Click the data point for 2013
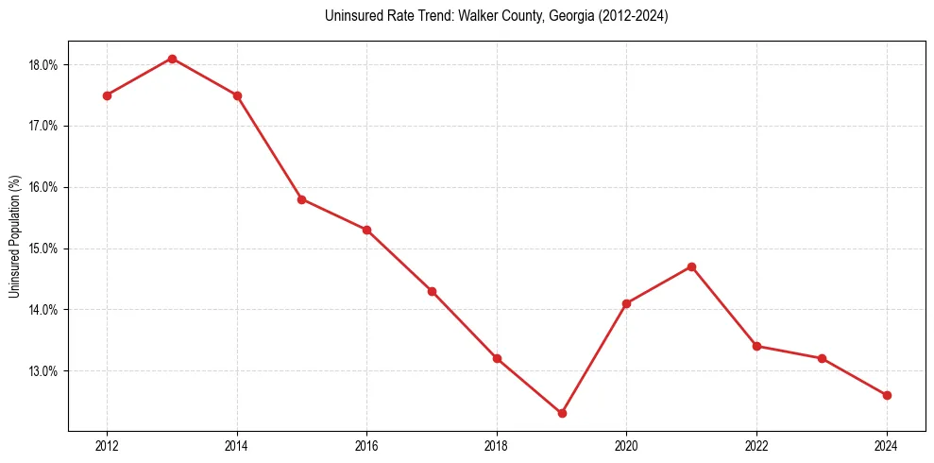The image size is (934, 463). [172, 59]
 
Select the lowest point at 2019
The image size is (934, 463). [562, 413]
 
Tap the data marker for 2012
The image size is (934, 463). [107, 95]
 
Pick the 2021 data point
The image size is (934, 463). [692, 266]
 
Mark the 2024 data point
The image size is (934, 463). [887, 395]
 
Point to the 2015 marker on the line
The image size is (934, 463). [301, 199]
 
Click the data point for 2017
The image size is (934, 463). [432, 291]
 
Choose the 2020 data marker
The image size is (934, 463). [627, 303]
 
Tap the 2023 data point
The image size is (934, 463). [822, 358]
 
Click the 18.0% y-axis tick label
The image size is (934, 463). [44, 65]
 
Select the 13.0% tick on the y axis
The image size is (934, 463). [44, 371]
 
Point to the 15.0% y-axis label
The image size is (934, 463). [44, 249]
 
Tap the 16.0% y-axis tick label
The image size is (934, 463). [44, 187]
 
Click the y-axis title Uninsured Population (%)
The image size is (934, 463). [15, 236]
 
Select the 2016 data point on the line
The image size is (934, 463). [366, 230]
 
